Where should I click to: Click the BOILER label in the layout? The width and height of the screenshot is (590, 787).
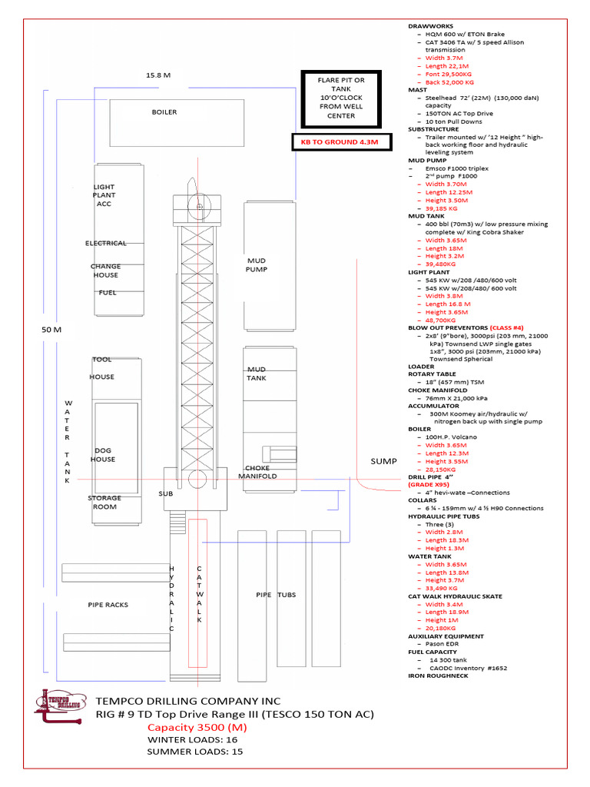(164, 112)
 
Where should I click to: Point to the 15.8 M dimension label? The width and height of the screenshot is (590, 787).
(157, 75)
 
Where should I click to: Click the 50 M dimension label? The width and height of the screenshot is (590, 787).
(51, 329)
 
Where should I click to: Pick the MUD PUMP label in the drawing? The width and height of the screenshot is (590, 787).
(256, 265)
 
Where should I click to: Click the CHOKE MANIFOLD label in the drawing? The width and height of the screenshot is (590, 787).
(257, 472)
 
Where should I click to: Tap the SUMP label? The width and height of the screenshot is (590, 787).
(383, 461)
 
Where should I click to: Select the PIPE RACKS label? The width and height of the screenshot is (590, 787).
(108, 605)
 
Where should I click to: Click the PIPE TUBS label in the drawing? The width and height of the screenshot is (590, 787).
(276, 595)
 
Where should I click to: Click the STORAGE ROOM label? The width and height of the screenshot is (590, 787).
(104, 503)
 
